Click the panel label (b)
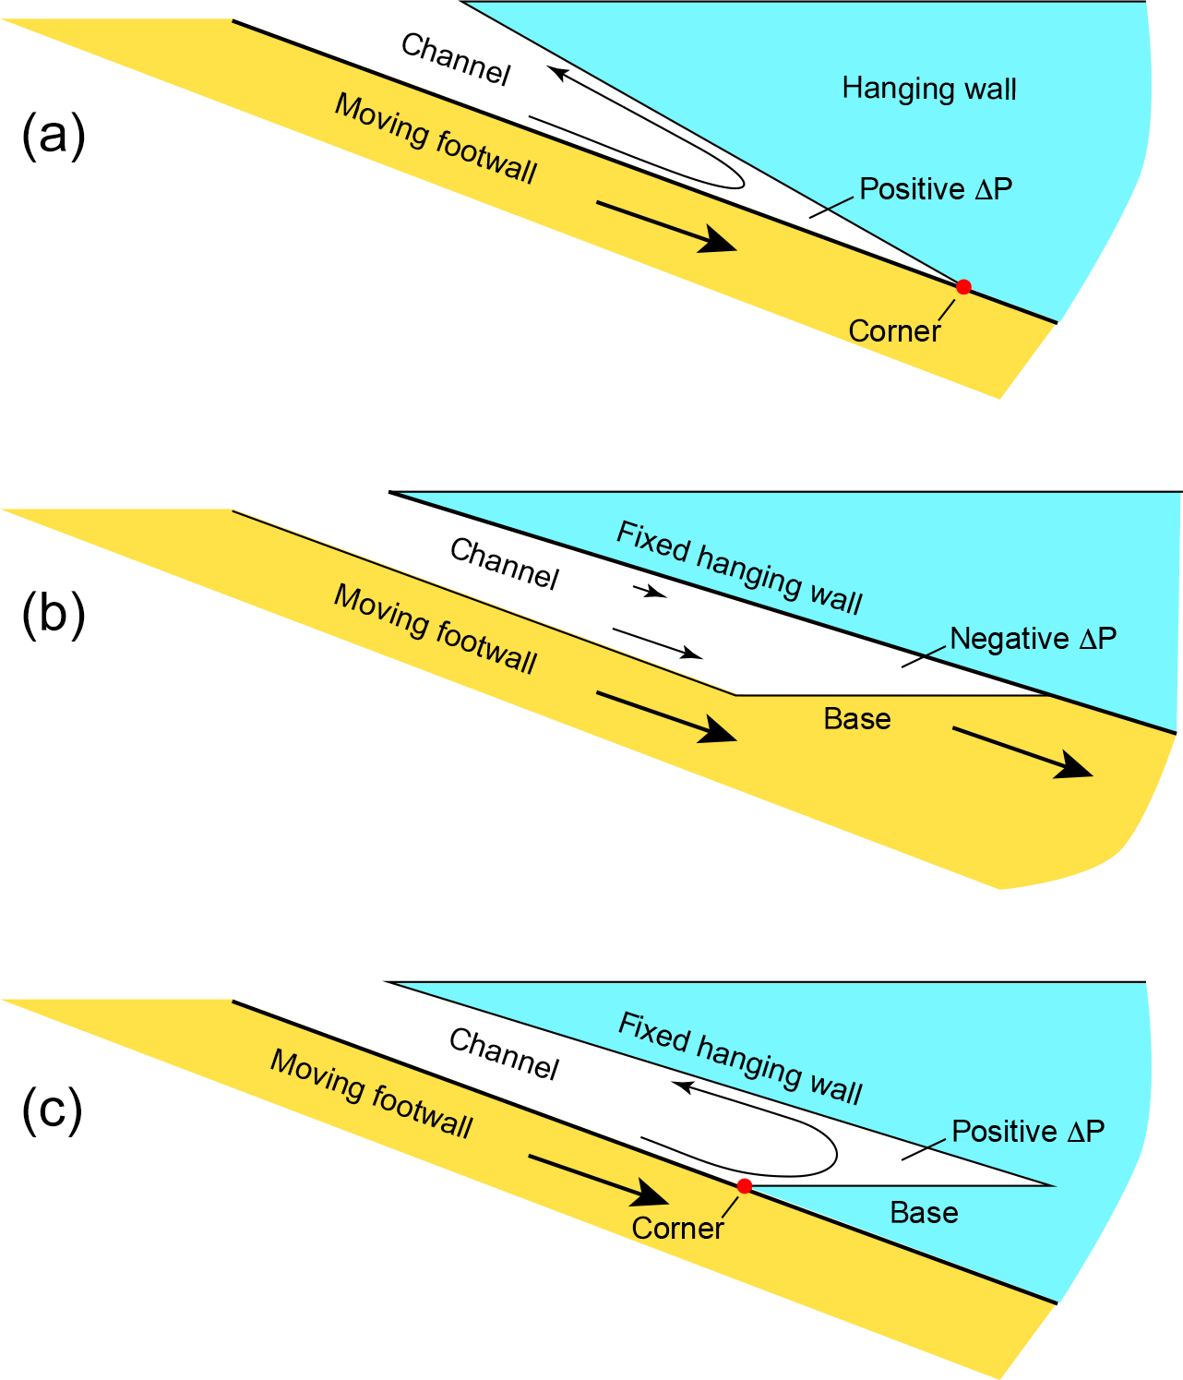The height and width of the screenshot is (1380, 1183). pos(54,615)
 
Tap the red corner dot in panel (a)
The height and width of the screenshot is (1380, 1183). pos(963,287)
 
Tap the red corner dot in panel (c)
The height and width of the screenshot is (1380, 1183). pos(745,1186)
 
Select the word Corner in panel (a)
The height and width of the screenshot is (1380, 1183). pos(894,331)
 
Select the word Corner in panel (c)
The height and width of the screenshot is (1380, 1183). pos(677,1229)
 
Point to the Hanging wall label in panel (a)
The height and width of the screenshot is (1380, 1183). pos(929,90)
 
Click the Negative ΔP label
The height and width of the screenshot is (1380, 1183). pos(1033,639)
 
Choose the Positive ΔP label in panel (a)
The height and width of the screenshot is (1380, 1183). pos(936,189)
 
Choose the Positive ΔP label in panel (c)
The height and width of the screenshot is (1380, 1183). pos(1028,1132)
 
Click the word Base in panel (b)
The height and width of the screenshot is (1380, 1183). pos(857,720)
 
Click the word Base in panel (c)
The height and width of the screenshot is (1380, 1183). pos(924,1213)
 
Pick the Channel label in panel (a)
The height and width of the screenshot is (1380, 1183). pos(456,60)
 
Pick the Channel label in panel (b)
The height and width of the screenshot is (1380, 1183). pos(505,564)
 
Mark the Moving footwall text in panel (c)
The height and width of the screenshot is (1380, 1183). pos(371,1094)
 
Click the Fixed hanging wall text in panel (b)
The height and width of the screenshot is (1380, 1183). pos(739,568)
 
